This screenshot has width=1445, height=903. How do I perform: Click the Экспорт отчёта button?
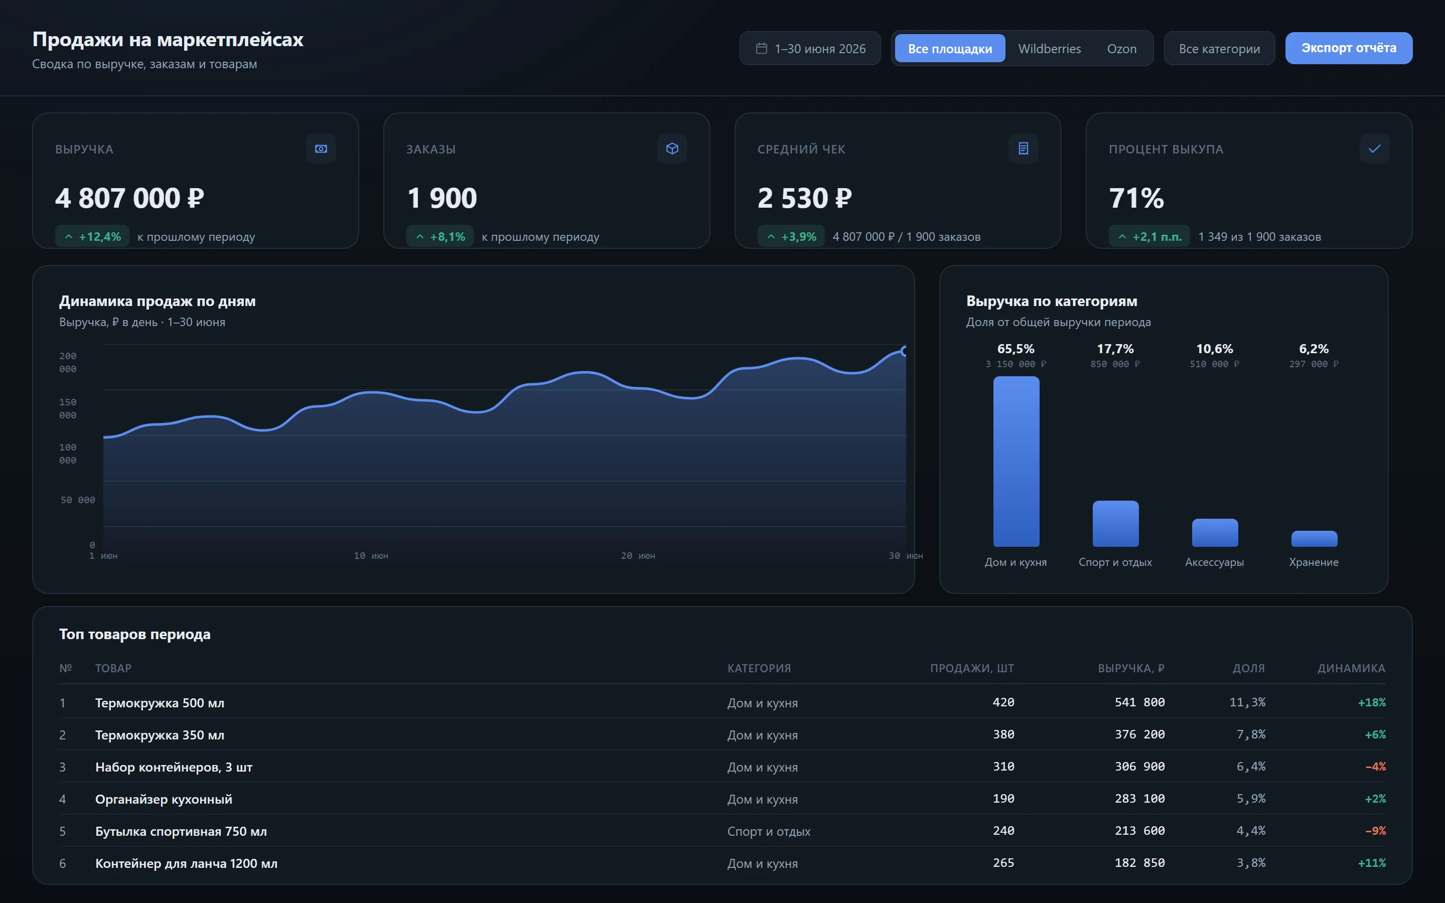[x=1348, y=48]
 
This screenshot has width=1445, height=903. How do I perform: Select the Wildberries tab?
[x=1049, y=48]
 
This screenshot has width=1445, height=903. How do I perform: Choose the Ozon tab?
[x=1121, y=48]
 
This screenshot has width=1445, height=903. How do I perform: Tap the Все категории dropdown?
[x=1219, y=48]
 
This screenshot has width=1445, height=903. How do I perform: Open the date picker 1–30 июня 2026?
[x=810, y=48]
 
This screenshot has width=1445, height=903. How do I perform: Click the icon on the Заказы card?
[x=672, y=148]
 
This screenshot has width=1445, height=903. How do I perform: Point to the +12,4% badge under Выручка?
[x=92, y=236]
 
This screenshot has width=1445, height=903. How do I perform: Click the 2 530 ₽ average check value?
[x=804, y=198]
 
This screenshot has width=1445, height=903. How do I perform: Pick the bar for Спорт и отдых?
[x=1115, y=524]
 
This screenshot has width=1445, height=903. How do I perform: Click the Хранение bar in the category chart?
[x=1314, y=539]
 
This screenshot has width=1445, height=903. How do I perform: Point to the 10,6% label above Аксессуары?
[x=1215, y=349]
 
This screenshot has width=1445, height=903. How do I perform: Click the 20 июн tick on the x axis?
[x=638, y=556]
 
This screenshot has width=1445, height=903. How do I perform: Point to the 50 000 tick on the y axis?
[x=78, y=500]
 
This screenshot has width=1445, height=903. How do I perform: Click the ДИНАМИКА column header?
[x=1351, y=668]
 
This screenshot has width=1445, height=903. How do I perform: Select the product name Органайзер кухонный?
[x=164, y=799]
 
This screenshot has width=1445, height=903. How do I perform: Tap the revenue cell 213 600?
[x=1139, y=831]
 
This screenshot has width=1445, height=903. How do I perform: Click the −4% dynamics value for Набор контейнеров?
[x=1375, y=767]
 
